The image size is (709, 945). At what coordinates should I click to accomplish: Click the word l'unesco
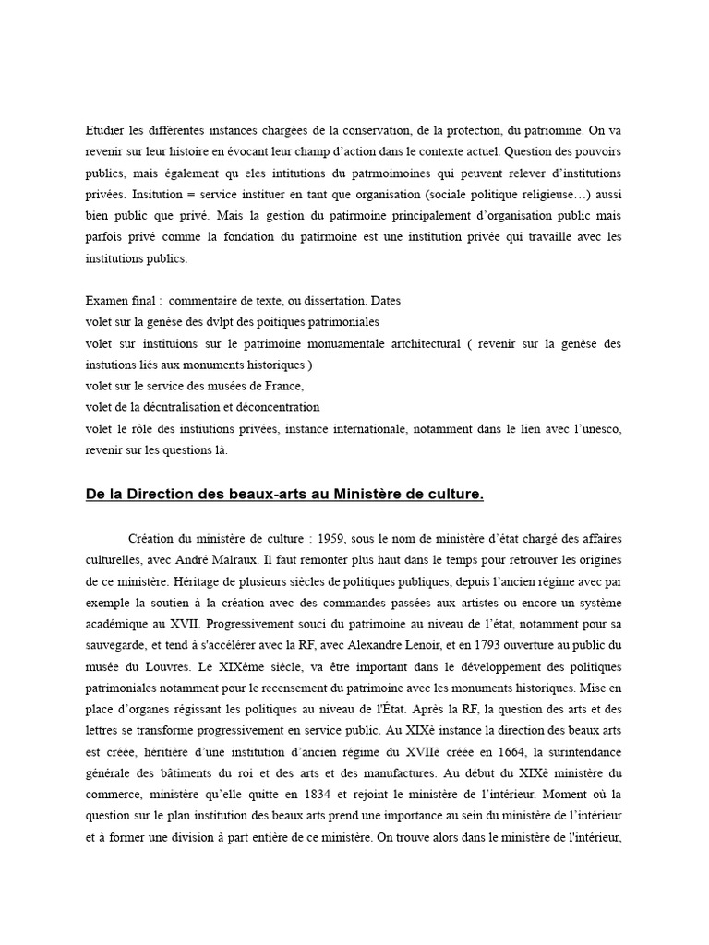[x=597, y=428]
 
